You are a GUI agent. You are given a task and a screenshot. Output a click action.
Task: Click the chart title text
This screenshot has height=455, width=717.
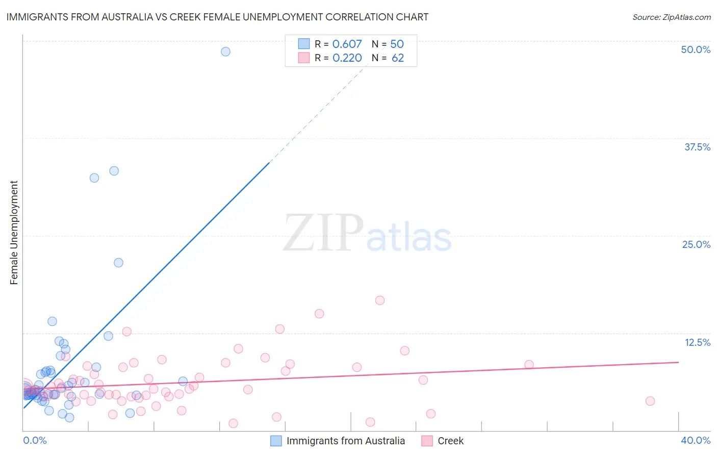(x=217, y=17)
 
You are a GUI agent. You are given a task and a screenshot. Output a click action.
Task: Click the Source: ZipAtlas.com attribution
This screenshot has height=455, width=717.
(x=671, y=17)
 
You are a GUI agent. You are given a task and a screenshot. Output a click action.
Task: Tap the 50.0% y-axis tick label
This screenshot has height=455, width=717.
(x=696, y=49)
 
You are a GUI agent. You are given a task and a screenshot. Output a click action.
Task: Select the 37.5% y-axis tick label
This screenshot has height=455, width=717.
(x=697, y=147)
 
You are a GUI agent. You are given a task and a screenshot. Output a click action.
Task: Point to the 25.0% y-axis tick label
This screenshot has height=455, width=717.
(x=696, y=244)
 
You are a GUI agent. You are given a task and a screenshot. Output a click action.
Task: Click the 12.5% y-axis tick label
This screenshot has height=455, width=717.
(x=697, y=342)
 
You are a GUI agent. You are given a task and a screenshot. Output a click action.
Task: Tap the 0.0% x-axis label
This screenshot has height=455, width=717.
(x=35, y=440)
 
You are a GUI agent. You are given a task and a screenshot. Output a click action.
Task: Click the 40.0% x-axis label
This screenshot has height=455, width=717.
(x=696, y=440)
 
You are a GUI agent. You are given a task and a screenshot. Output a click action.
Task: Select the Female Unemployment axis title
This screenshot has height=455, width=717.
(x=14, y=233)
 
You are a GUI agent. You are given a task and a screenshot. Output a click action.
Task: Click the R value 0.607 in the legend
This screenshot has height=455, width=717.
(x=347, y=44)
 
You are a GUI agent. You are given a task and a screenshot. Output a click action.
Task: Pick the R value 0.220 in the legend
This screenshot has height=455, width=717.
(x=347, y=58)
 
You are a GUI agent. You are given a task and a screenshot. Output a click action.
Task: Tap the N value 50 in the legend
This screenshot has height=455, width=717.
(x=397, y=44)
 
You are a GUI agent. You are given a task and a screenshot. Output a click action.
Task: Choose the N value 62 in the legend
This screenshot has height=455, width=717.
(x=398, y=58)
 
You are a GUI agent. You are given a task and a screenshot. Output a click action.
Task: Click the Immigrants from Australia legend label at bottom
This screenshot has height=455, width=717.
(x=345, y=441)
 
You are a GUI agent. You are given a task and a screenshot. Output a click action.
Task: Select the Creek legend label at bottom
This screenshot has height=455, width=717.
(x=450, y=441)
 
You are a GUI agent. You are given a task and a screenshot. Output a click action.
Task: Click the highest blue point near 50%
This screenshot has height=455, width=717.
(x=225, y=52)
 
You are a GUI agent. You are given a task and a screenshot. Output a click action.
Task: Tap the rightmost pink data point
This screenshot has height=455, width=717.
(x=650, y=401)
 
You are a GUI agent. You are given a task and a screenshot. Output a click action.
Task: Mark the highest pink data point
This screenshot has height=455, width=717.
(x=379, y=300)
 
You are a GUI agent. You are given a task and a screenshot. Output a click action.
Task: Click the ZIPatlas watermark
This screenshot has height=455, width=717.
(x=367, y=234)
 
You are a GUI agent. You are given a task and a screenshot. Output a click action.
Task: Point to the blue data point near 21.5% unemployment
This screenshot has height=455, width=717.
(x=118, y=263)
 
